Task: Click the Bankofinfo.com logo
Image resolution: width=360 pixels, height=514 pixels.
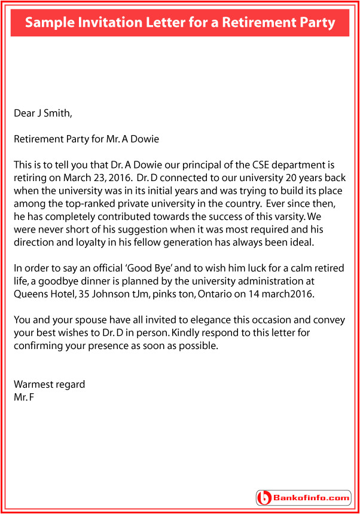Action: (x=303, y=497)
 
